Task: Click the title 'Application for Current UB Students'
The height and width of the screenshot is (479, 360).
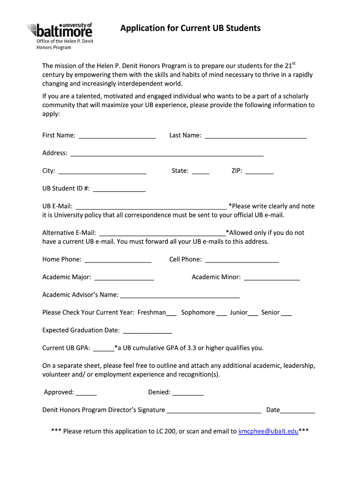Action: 190,28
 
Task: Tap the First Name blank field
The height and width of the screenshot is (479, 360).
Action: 117,136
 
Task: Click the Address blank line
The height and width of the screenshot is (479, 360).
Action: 167,154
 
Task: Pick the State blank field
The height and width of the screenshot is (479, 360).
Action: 201,172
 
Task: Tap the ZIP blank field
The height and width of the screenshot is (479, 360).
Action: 259,172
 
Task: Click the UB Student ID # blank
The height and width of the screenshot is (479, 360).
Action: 119,189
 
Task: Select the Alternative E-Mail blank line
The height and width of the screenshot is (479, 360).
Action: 163,233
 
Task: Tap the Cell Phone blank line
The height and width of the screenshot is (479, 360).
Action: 242,260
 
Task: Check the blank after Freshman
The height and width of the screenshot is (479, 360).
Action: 171,313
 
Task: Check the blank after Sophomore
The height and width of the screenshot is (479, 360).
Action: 222,313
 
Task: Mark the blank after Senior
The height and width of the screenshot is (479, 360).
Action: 287,313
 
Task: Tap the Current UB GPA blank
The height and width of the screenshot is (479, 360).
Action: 104,349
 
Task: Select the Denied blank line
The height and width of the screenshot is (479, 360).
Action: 188,393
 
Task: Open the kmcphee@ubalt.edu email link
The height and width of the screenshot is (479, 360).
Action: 268,431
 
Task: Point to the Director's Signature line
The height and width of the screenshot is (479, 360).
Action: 214,411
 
